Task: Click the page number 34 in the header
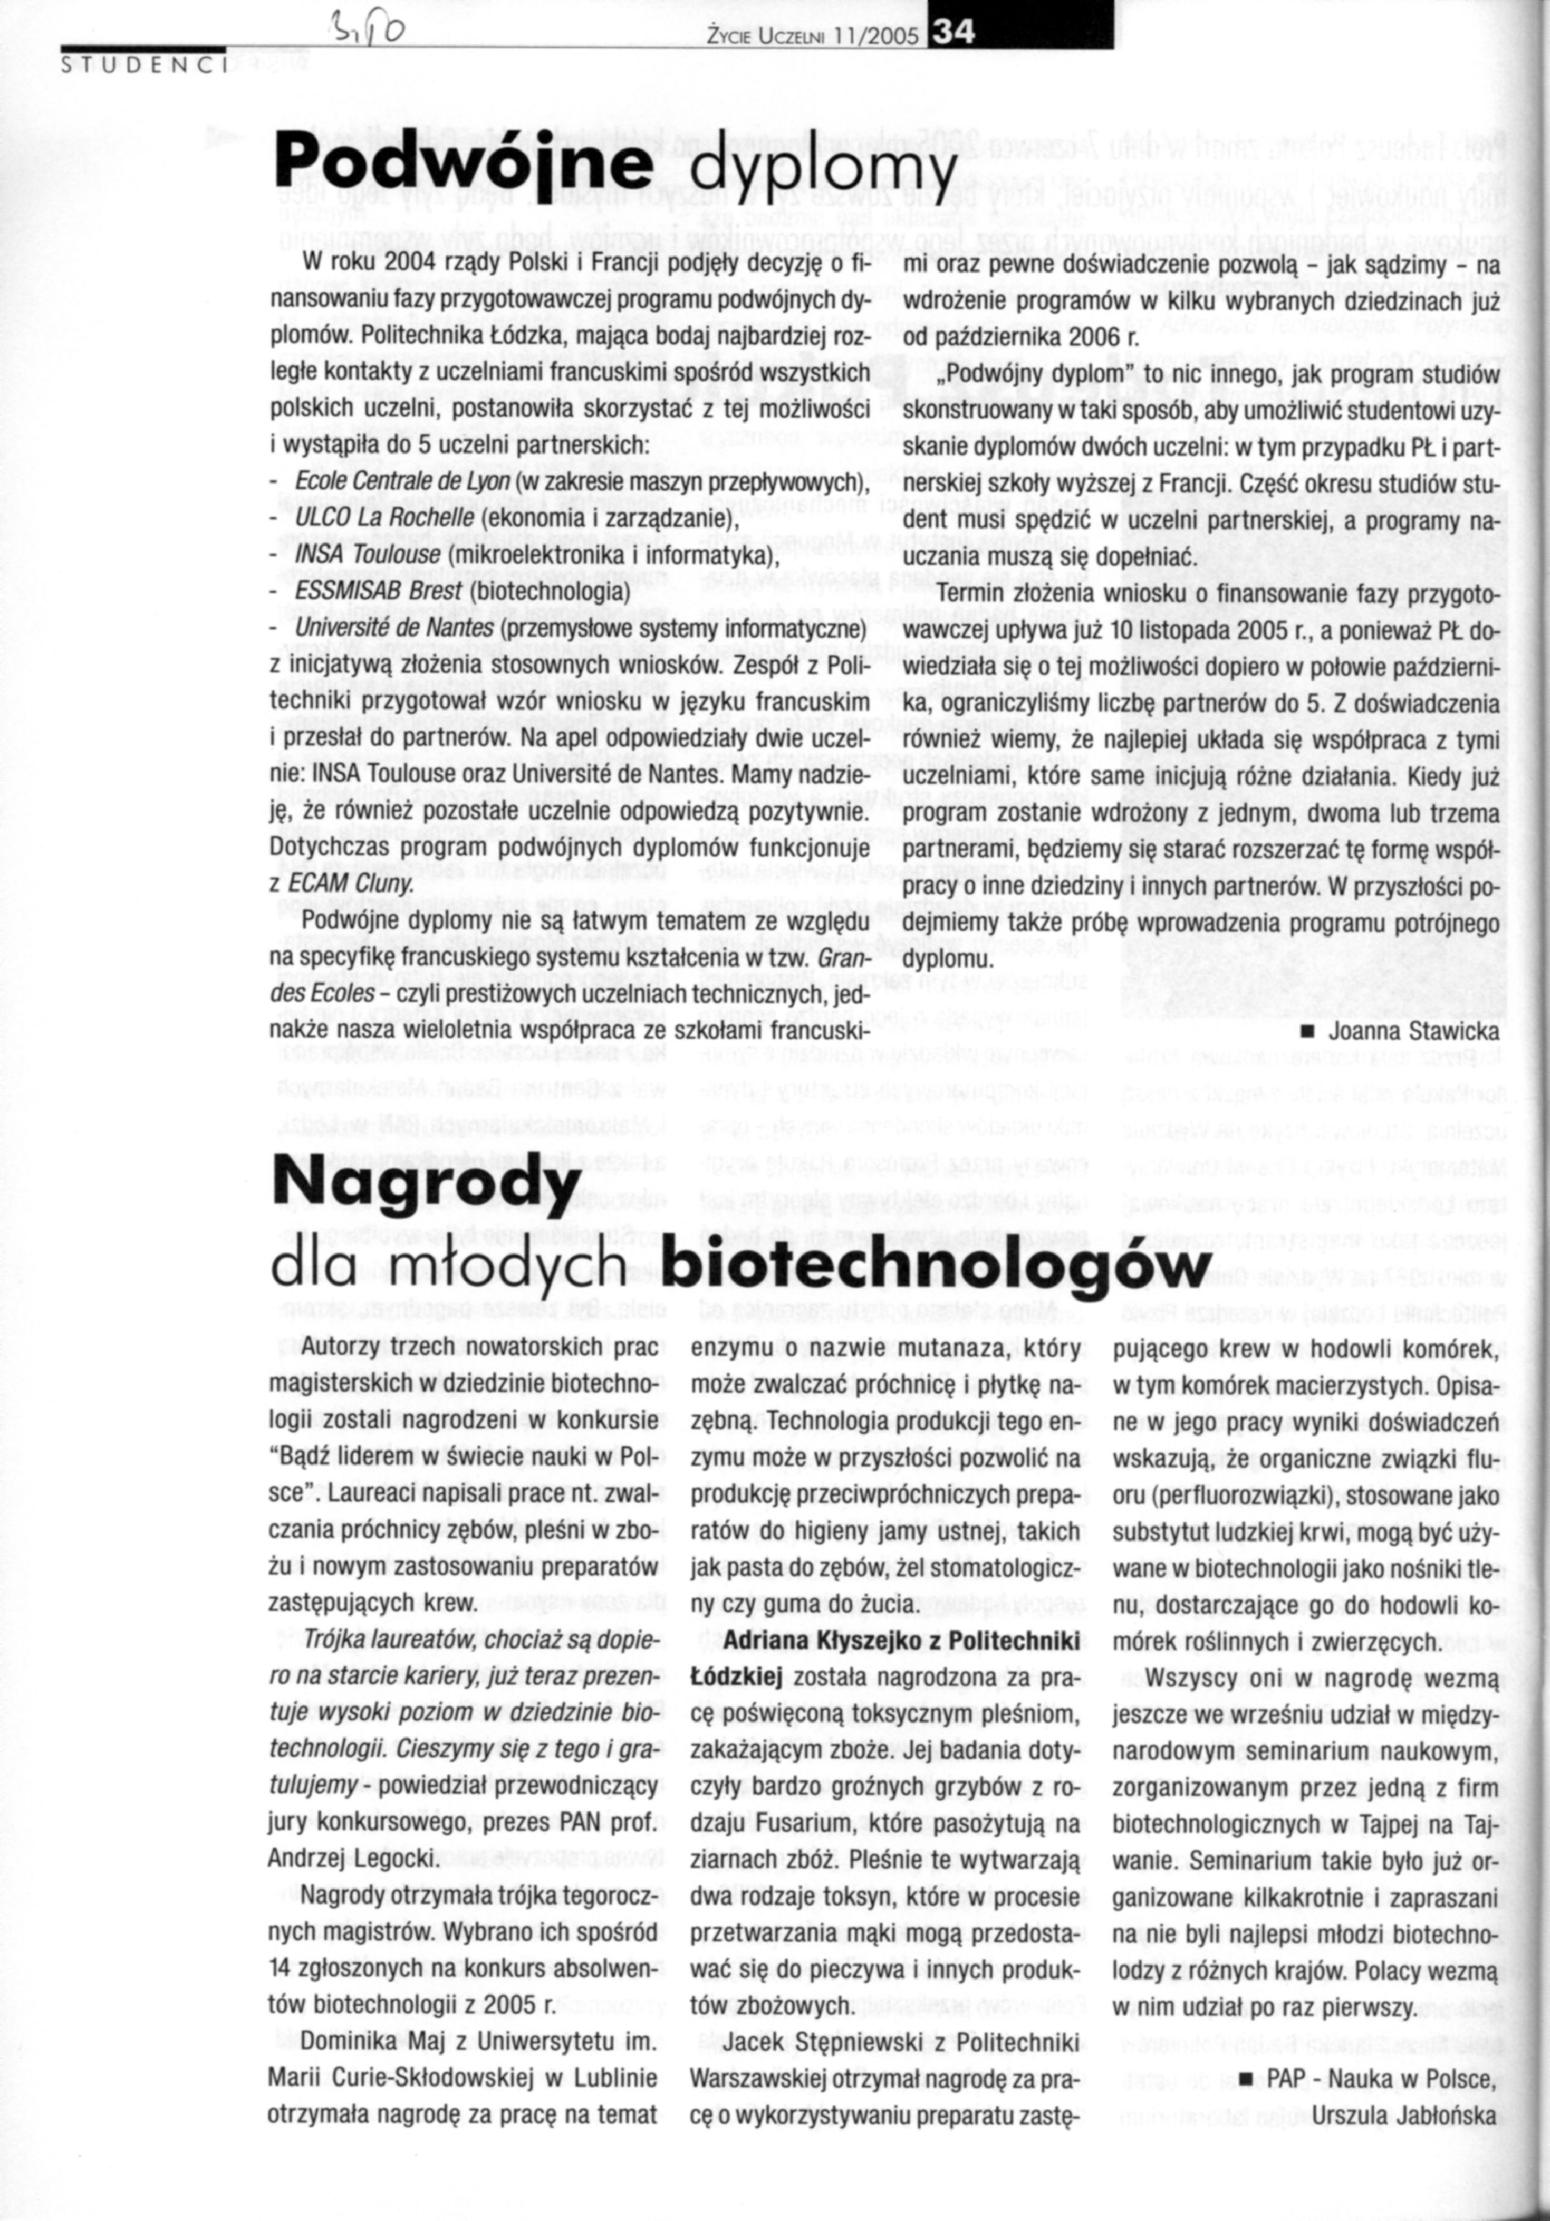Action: click(x=950, y=36)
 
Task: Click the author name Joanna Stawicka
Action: click(x=1414, y=1033)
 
